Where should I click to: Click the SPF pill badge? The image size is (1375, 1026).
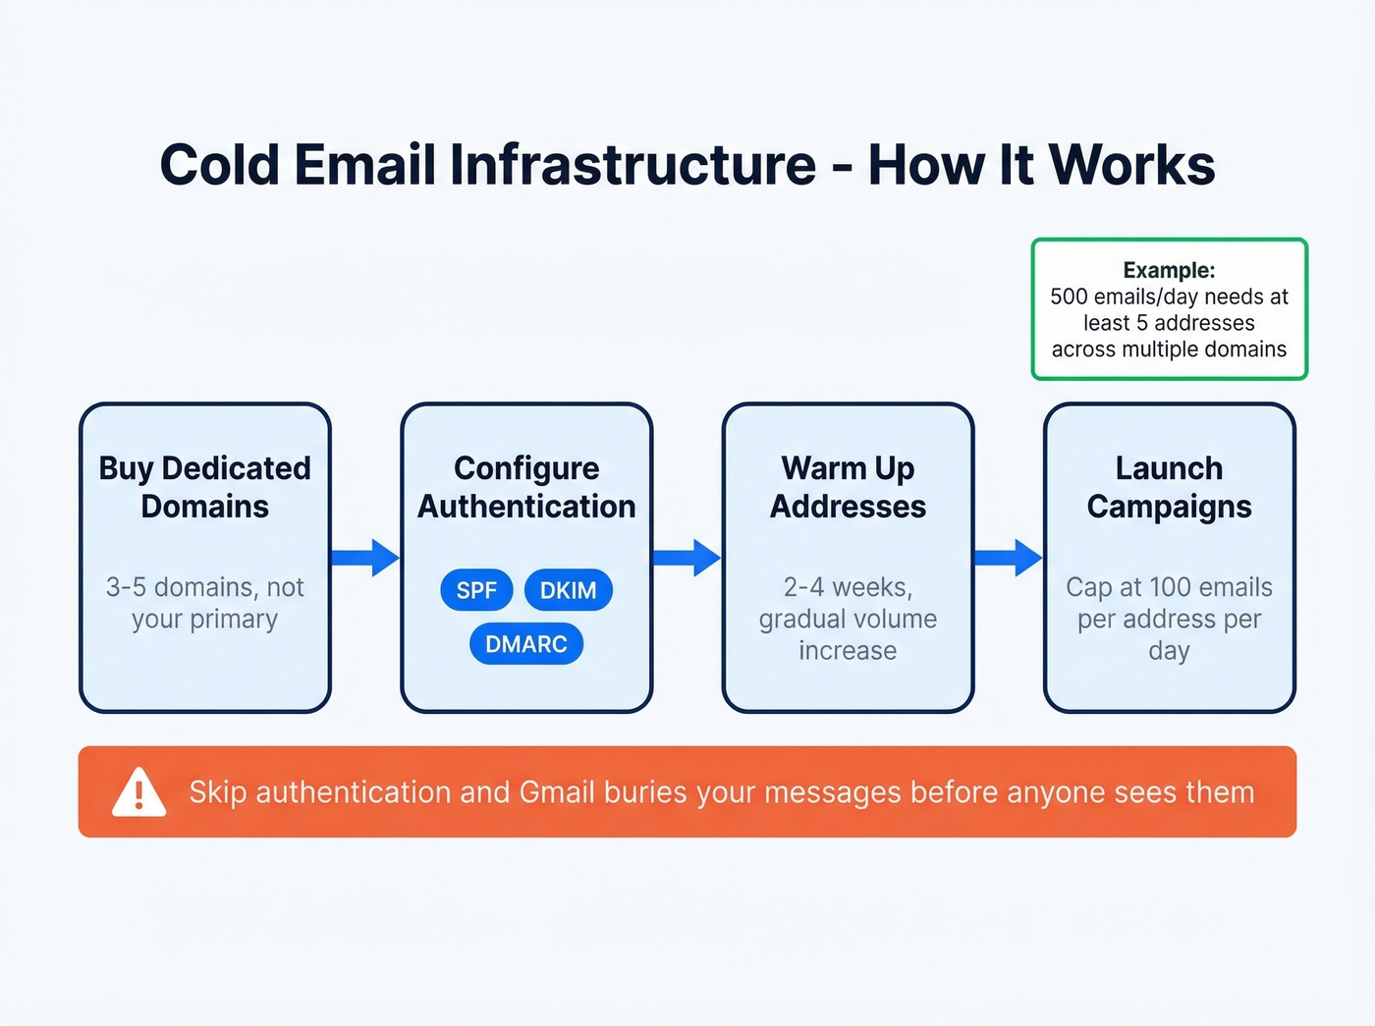click(476, 590)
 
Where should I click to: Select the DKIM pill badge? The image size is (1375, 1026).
click(568, 590)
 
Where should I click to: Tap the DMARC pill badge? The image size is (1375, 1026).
click(526, 644)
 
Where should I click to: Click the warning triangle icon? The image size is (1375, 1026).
click(138, 792)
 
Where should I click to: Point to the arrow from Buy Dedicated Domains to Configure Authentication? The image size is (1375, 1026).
click(364, 558)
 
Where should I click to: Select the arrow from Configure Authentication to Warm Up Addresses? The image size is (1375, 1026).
click(686, 558)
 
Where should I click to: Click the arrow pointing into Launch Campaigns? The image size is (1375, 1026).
click(1007, 558)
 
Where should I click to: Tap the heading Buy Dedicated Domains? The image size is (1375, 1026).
click(204, 487)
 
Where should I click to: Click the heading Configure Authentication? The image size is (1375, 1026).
click(526, 487)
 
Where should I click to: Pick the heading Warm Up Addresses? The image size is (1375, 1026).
click(848, 487)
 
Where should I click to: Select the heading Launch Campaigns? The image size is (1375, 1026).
click(1169, 487)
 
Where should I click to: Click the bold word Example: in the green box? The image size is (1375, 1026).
click(1169, 270)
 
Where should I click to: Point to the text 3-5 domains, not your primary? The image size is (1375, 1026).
click(204, 603)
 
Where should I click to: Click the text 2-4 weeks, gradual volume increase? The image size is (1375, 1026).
click(848, 619)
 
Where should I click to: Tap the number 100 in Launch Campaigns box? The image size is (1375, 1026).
click(1170, 587)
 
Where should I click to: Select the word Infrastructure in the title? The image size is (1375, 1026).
click(632, 164)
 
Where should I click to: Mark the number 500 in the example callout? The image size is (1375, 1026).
click(1069, 297)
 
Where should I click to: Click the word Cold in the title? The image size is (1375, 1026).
click(219, 164)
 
